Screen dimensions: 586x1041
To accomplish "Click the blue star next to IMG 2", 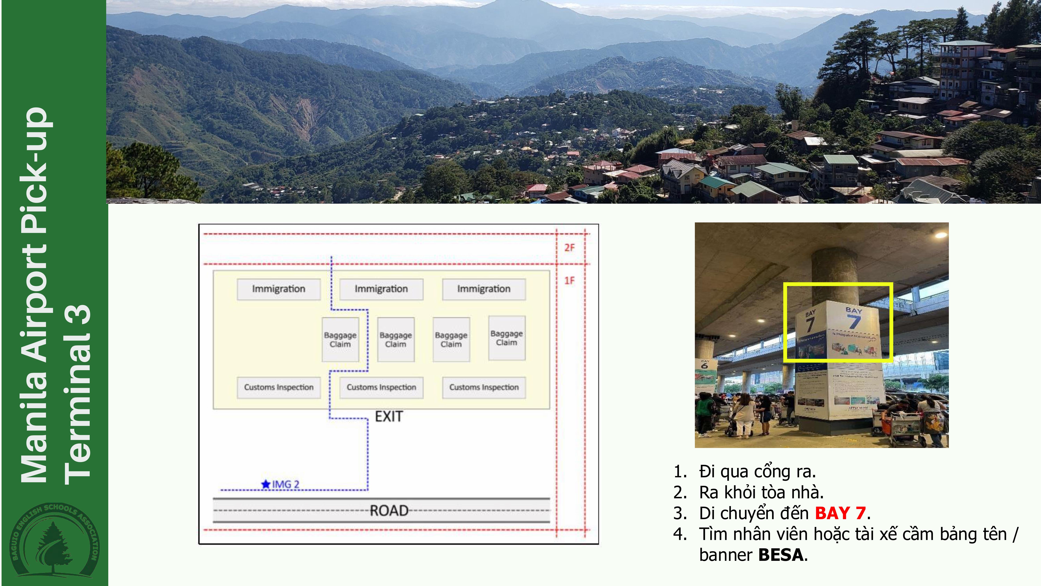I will [x=265, y=484].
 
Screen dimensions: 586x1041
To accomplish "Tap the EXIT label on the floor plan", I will [x=389, y=417].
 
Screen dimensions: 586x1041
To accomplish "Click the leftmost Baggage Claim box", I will [x=340, y=339].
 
